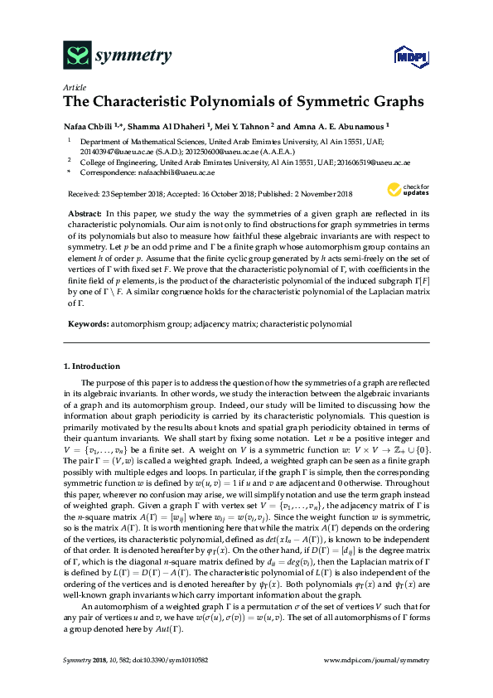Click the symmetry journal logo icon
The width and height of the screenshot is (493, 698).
pyautogui.click(x=77, y=56)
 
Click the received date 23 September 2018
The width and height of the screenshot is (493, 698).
pyautogui.click(x=129, y=194)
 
